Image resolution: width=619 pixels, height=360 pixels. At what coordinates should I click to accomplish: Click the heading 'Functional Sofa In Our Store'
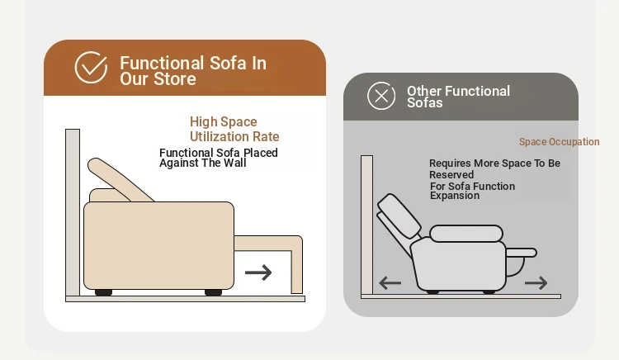[x=193, y=71]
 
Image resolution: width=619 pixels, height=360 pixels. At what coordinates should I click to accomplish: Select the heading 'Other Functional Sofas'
[x=458, y=97]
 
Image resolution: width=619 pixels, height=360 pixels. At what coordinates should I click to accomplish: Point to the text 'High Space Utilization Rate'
[x=234, y=129]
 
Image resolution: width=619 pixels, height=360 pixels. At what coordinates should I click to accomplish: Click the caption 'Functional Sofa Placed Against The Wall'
[x=219, y=158]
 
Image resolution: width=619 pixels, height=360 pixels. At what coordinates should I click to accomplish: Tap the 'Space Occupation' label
[x=559, y=142]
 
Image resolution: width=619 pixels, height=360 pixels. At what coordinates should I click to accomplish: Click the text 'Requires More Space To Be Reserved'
[x=494, y=169]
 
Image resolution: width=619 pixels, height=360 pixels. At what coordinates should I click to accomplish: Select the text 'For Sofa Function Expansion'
[x=473, y=191]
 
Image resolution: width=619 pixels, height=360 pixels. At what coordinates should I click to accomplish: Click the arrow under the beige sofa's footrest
[x=258, y=272]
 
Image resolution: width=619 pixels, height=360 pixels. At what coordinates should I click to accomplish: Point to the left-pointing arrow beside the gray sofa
[x=390, y=283]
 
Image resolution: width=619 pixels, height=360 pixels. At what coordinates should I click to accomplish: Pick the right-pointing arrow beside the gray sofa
[x=536, y=282]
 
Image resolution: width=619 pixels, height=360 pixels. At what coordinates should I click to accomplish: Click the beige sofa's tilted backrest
[x=119, y=180]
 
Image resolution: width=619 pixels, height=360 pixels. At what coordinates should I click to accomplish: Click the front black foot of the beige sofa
[x=213, y=292]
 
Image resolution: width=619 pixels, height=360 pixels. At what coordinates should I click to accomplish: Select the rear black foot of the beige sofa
[x=103, y=292]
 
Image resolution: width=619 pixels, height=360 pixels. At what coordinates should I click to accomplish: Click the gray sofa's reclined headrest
[x=399, y=216]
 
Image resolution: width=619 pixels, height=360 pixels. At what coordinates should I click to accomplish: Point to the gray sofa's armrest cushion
[x=466, y=234]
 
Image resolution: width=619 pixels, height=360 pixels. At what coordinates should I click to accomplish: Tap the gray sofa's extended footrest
[x=521, y=253]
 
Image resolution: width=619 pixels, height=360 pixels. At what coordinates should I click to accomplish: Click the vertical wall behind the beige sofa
[x=73, y=212]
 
